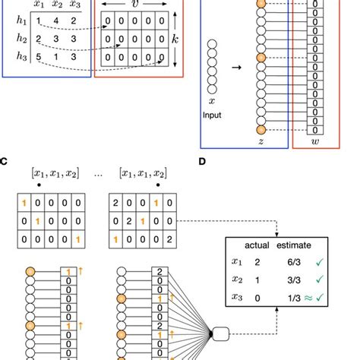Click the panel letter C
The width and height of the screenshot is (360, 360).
[x=5, y=161]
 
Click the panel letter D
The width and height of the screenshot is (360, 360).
[x=201, y=161]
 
